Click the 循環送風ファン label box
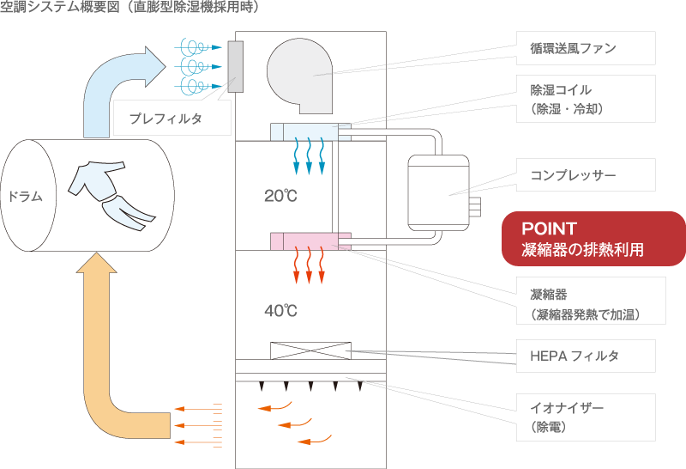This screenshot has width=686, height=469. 586,48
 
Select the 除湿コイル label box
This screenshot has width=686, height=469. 586,99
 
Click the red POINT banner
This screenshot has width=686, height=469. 593,239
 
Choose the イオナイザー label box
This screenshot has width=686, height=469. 586,417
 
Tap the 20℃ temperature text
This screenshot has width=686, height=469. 280,196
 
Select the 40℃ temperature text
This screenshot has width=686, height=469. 280,311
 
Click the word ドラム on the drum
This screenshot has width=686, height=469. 26,196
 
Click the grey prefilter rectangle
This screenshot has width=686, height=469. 235,67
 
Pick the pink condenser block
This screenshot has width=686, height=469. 310,241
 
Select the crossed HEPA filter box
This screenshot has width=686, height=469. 310,350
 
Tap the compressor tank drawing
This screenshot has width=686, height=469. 438,193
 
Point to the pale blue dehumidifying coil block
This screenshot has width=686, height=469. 310,132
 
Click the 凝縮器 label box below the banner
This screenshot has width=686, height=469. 591,301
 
